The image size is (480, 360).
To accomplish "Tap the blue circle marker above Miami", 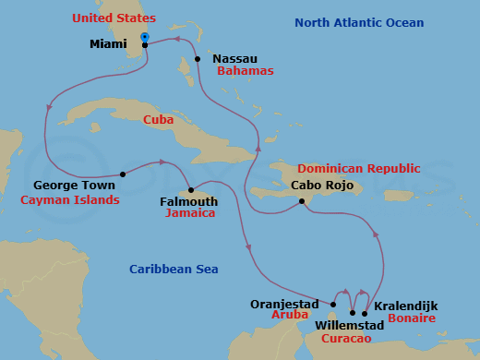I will [x=145, y=37].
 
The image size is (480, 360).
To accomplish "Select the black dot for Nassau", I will [x=198, y=59].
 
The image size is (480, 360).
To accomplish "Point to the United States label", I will [x=116, y=18].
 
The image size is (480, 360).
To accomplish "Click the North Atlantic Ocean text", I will [x=359, y=23].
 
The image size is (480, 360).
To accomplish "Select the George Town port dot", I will [x=123, y=174].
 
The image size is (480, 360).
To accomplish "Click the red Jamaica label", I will [x=190, y=213].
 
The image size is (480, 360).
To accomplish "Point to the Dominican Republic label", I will [x=358, y=169].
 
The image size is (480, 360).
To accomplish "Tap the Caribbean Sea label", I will [x=174, y=270].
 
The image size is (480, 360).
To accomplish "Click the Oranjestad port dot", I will [x=333, y=305].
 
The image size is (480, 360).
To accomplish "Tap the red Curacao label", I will [x=347, y=340].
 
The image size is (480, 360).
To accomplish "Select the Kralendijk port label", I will [x=406, y=306].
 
